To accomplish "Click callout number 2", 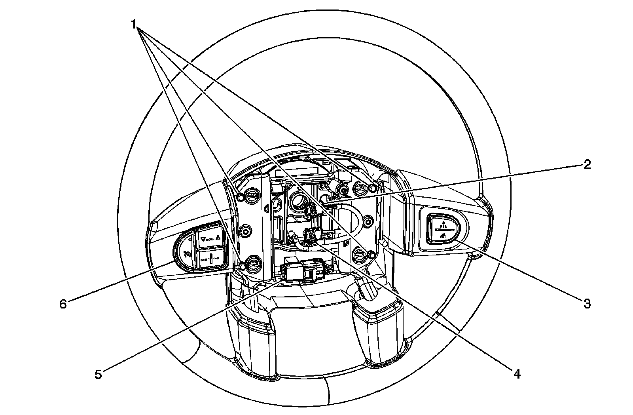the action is [x=587, y=164].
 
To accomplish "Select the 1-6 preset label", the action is [x=217, y=259].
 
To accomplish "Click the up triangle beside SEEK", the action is [x=218, y=239].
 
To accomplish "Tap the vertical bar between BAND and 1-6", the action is [x=211, y=259].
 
